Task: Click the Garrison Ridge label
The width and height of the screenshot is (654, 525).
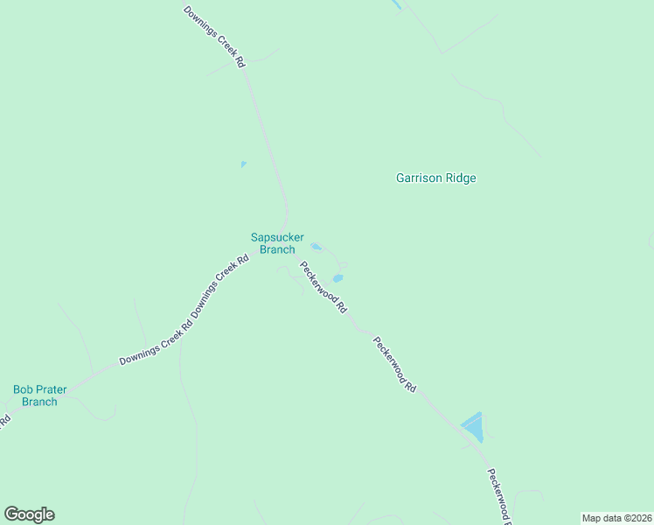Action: [x=435, y=178]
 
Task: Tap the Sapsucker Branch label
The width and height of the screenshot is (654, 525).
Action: [x=276, y=242]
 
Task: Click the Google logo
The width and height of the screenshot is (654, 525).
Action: [x=29, y=514]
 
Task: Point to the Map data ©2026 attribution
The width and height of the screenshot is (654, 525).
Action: [x=616, y=517]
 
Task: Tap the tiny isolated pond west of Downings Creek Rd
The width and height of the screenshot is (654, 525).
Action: [x=243, y=164]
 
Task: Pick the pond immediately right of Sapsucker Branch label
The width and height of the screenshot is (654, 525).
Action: [x=316, y=247]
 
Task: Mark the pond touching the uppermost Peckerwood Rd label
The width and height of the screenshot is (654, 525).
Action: [x=337, y=279]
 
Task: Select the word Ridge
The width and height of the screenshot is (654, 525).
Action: [x=462, y=178]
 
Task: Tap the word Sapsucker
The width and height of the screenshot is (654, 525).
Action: [x=276, y=236]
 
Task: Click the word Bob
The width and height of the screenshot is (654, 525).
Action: [x=22, y=389]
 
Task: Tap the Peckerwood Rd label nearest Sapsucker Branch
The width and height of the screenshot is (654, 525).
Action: [x=324, y=288]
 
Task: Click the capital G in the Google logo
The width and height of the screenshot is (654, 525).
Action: [x=11, y=514]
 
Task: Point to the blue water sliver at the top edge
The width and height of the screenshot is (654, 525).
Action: [x=398, y=4]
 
